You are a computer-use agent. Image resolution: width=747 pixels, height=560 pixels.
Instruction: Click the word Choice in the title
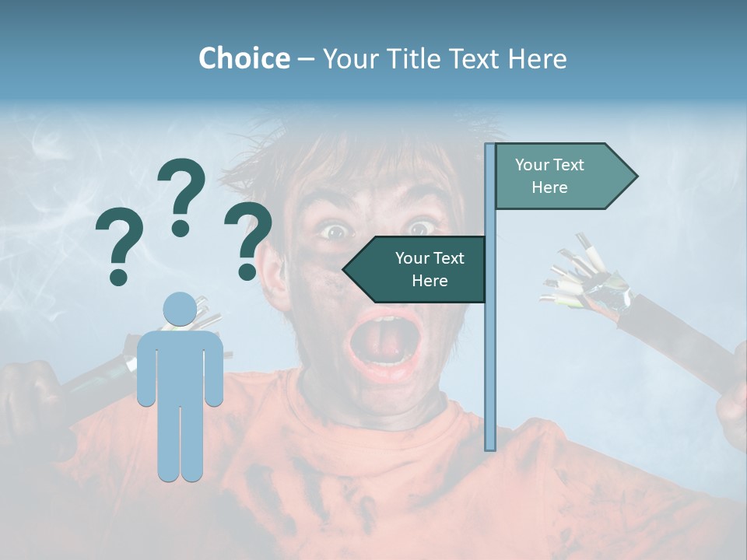point(244,58)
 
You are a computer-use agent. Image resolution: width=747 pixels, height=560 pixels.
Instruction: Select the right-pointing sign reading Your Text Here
point(560,177)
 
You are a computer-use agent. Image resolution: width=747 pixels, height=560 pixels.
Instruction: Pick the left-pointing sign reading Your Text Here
point(420,269)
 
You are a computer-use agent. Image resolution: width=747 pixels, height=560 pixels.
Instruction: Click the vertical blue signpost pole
point(490,350)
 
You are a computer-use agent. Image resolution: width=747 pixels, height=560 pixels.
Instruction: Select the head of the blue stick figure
point(180,309)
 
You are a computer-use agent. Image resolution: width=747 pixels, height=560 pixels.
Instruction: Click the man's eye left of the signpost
point(335,230)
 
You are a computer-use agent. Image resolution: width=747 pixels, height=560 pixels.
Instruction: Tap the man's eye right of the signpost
point(421,227)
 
